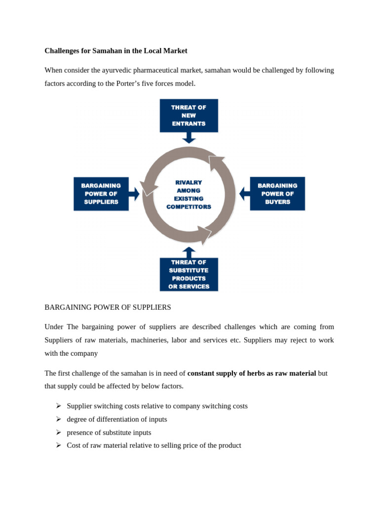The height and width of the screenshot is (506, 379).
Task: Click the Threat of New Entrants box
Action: pyautogui.click(x=189, y=115)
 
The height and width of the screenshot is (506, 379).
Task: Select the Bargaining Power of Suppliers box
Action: pyautogui.click(x=101, y=194)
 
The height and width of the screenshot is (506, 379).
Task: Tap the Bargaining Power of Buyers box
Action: pyautogui.click(x=277, y=194)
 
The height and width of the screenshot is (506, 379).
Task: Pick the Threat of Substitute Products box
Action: pyautogui.click(x=189, y=274)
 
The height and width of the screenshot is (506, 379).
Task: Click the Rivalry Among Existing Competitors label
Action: pyautogui.click(x=189, y=195)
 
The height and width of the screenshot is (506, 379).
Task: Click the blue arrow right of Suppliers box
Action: pyautogui.click(x=134, y=194)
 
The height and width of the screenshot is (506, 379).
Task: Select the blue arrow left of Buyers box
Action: pyautogui.click(x=244, y=194)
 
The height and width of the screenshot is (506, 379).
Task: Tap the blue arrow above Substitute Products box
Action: pyautogui.click(x=189, y=252)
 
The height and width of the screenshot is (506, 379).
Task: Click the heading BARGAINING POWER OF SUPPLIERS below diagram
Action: pyautogui.click(x=108, y=307)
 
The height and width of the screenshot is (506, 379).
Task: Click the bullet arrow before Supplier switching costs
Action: pyautogui.click(x=58, y=406)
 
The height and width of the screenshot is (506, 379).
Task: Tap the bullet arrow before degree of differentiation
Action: pyautogui.click(x=58, y=419)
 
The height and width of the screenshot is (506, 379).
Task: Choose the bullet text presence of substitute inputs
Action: pyautogui.click(x=109, y=432)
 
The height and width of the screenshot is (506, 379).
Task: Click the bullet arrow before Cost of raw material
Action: pyautogui.click(x=58, y=445)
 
